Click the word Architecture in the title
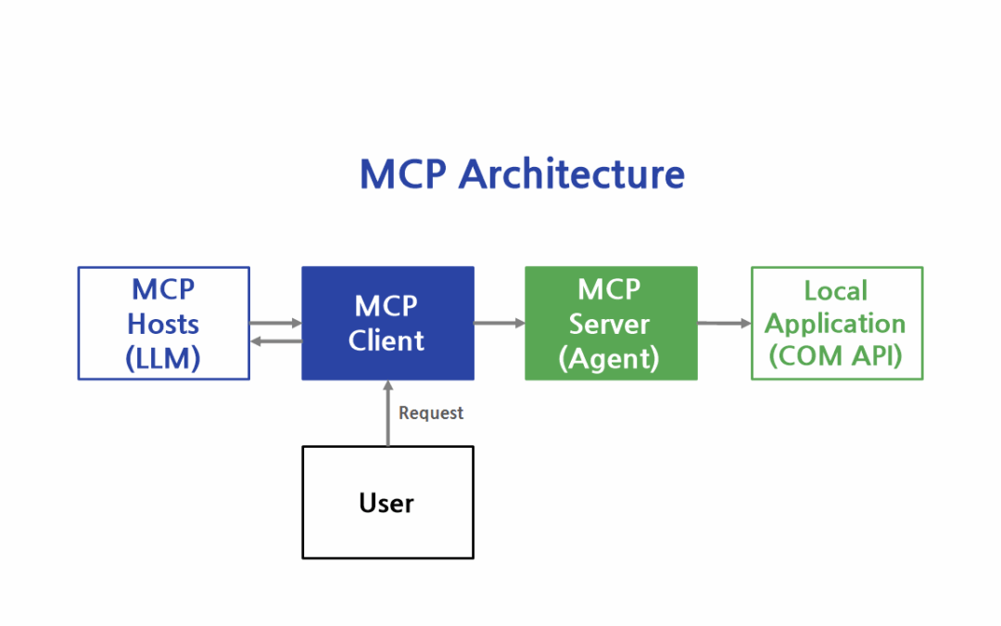[572, 173]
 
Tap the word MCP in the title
[403, 173]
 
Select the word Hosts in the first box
[163, 324]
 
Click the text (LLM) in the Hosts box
[163, 358]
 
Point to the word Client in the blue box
[386, 340]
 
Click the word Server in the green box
[609, 324]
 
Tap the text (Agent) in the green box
[609, 358]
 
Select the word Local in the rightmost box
[836, 290]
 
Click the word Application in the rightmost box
[836, 324]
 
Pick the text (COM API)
[836, 356]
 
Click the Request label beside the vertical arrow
[431, 414]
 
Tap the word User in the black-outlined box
[386, 504]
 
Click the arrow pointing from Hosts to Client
[275, 324]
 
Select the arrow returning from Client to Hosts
[276, 341]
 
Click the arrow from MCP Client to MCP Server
[500, 324]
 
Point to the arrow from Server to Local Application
[724, 324]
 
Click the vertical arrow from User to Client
[387, 414]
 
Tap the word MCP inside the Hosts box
[163, 290]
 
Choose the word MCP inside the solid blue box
[386, 307]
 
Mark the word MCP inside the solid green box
[609, 290]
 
